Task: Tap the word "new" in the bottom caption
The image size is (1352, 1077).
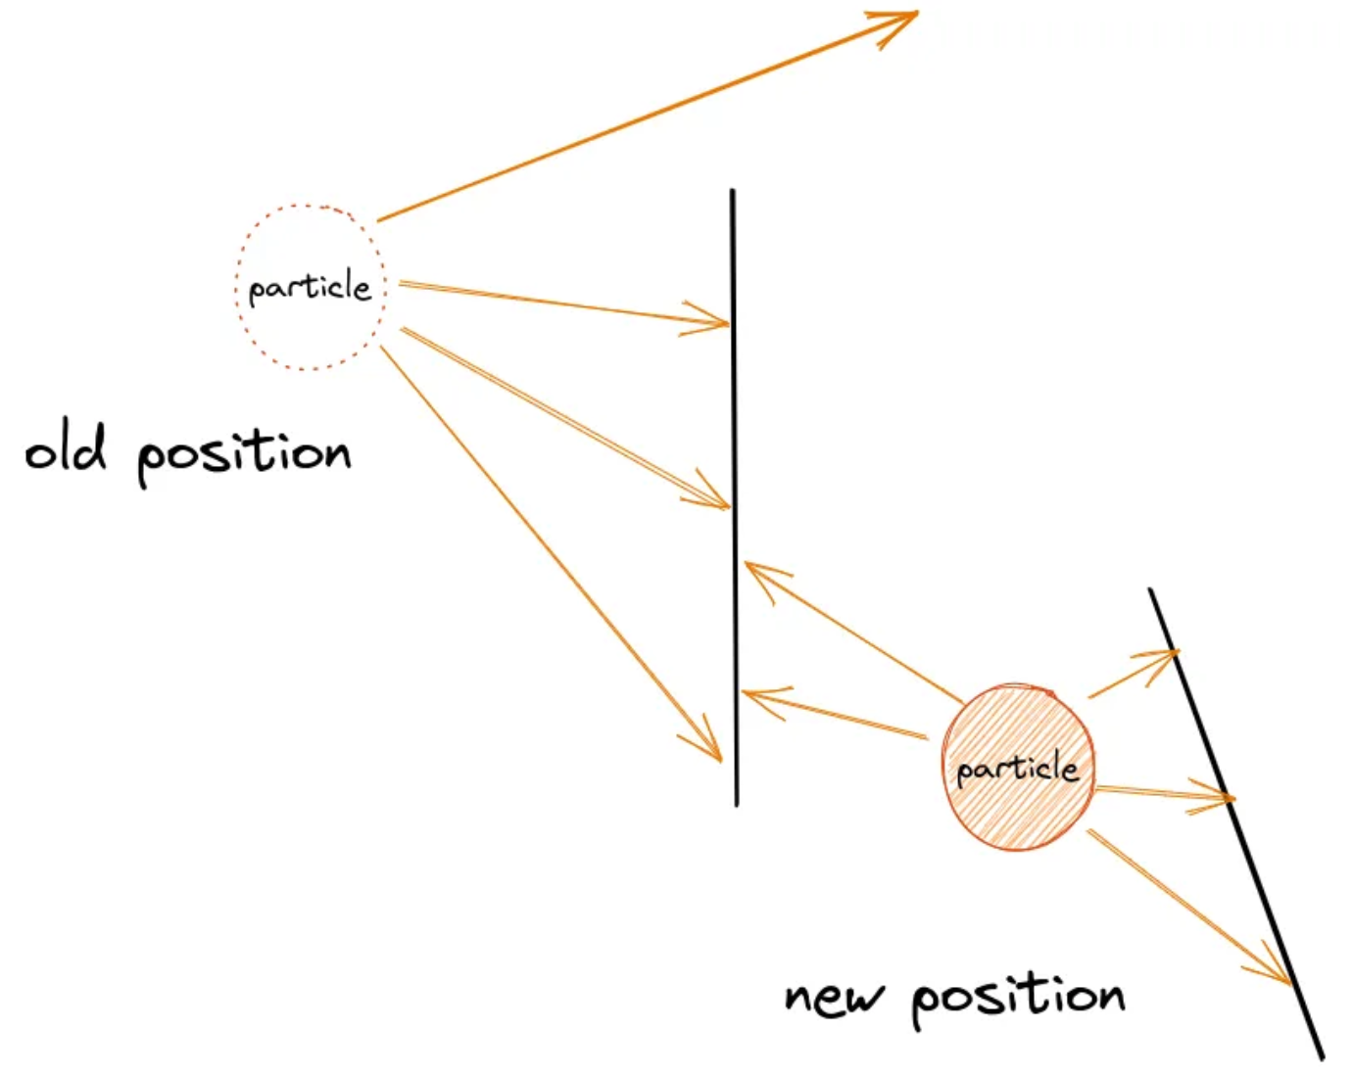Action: [834, 997]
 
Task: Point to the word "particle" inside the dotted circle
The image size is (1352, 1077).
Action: [310, 288]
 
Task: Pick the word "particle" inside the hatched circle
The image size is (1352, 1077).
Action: [1017, 768]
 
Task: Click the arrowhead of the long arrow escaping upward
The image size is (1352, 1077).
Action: [915, 14]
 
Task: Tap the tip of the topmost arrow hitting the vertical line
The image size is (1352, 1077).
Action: [728, 323]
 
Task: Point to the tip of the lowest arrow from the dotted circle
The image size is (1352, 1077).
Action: [720, 759]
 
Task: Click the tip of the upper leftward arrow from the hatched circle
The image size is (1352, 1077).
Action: [747, 564]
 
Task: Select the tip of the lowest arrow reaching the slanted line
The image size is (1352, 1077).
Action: [1289, 982]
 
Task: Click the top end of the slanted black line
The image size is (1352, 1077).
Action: [1151, 590]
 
